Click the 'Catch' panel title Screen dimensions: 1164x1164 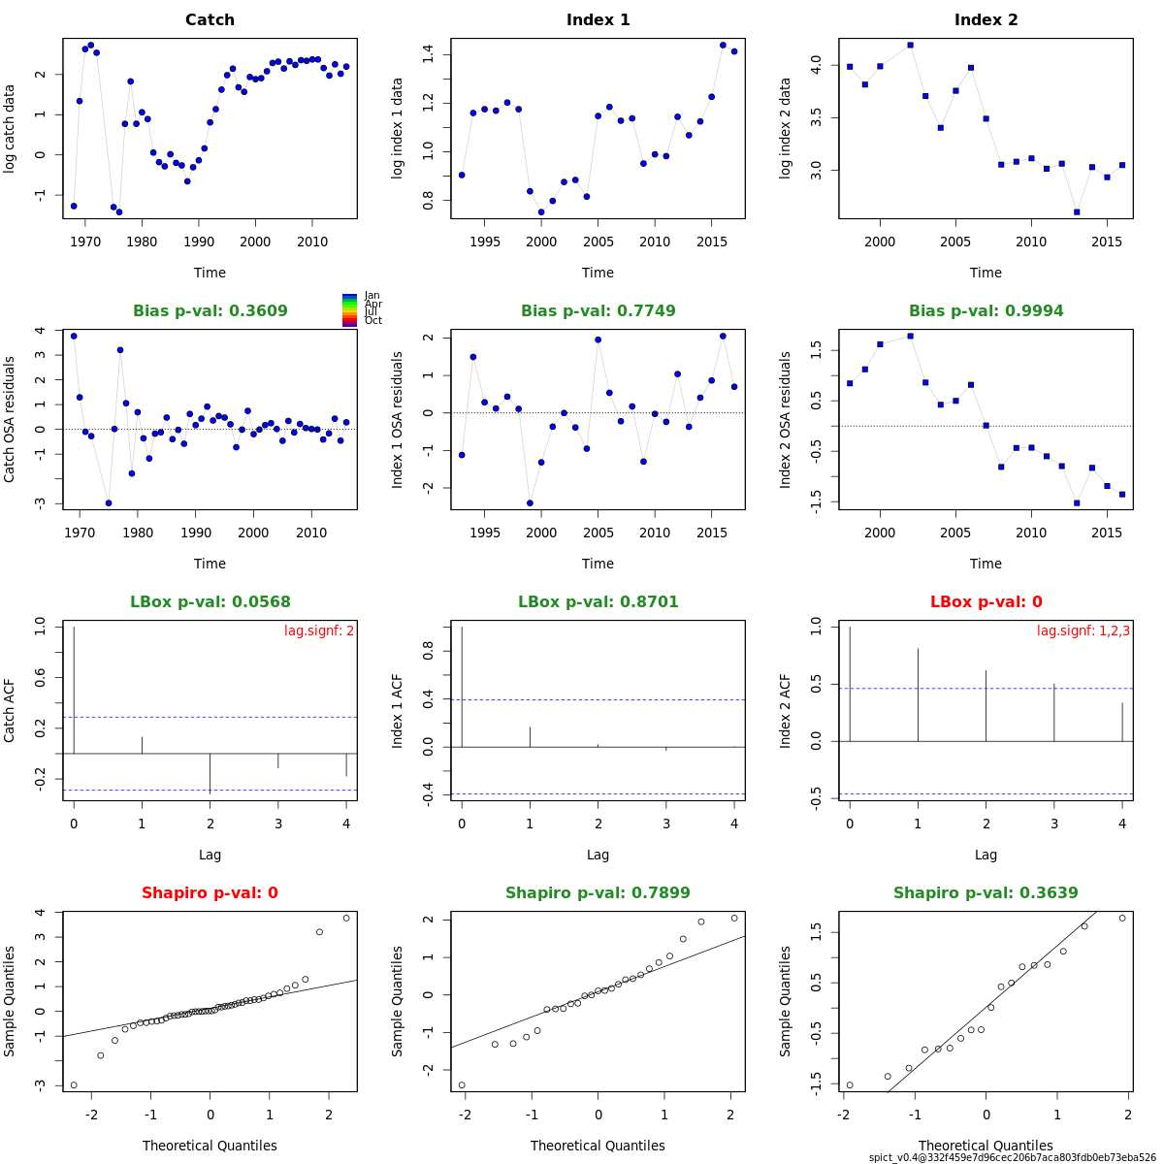(210, 20)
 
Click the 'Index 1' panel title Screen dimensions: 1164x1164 (598, 20)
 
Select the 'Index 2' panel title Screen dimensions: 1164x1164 (986, 20)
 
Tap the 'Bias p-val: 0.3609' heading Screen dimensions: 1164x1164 (210, 311)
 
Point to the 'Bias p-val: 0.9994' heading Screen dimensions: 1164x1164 (986, 311)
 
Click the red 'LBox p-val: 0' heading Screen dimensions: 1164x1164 (986, 602)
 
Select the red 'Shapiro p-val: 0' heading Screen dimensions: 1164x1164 (210, 893)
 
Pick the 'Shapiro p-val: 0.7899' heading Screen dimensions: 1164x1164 (598, 893)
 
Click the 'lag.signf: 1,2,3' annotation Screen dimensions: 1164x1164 (1083, 630)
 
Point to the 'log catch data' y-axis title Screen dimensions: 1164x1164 (11, 127)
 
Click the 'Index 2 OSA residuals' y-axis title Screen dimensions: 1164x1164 (787, 419)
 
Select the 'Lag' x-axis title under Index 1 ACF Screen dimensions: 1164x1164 (598, 855)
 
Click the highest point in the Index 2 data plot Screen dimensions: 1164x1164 (910, 45)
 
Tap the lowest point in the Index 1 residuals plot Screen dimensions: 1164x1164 (530, 502)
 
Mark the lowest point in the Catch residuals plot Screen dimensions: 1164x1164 (109, 502)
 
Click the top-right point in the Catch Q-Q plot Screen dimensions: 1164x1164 (346, 918)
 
